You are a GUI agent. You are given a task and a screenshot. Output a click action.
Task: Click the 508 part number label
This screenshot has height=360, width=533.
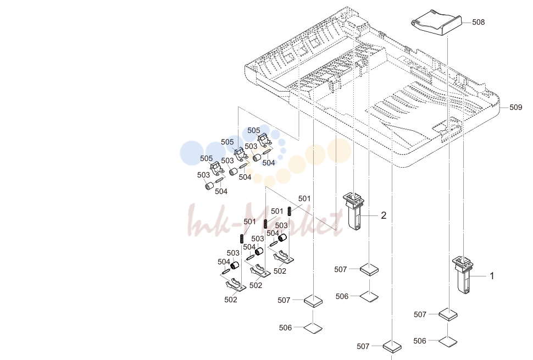pos(478,22)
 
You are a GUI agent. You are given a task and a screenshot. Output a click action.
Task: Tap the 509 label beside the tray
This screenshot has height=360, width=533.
pos(515,107)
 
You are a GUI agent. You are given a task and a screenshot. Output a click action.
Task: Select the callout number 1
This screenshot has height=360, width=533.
pos(492,276)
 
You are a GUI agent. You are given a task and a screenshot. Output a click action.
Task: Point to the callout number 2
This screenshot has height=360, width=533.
pos(384,215)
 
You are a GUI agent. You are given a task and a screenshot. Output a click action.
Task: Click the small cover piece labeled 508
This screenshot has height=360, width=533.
pos(436,23)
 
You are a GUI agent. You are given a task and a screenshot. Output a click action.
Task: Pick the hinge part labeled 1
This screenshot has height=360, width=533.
pos(463,275)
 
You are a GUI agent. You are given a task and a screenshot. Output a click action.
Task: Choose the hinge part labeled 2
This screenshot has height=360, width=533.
pos(353,211)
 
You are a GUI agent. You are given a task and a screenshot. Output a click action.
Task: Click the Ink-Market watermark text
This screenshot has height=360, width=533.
pos(265,220)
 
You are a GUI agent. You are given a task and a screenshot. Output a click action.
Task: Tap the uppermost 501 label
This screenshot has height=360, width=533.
pos(304,198)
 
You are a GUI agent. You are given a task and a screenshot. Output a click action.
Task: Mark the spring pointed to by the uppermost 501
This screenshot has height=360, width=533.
pos(290,211)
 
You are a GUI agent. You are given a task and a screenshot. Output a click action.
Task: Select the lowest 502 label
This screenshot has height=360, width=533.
pos(230,300)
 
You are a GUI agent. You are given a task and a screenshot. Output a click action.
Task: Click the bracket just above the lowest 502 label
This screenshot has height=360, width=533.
pos(235,284)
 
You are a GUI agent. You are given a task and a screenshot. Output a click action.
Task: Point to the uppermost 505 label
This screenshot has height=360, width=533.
pos(253,131)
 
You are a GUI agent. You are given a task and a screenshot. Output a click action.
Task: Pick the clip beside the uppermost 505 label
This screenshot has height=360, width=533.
pos(264,140)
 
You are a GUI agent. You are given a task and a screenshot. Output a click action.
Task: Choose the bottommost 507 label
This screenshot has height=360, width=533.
pos(363,346)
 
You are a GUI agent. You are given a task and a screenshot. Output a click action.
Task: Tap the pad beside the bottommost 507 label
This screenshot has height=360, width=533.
pos(392,346)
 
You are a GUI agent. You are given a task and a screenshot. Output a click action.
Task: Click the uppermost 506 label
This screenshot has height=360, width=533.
pos(342,296)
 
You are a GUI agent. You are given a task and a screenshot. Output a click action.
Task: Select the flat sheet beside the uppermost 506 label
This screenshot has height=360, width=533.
pos(369,296)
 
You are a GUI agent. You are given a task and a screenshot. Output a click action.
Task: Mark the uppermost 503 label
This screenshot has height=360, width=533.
pos(251,147)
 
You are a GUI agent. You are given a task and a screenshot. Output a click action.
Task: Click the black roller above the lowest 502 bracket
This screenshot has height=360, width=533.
pos(235,265)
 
